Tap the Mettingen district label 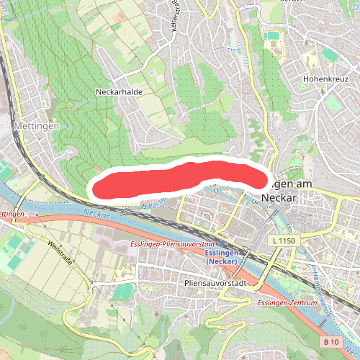[x=30, y=125]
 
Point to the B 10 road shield [x=330, y=341]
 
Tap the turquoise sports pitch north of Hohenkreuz [x=329, y=55]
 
